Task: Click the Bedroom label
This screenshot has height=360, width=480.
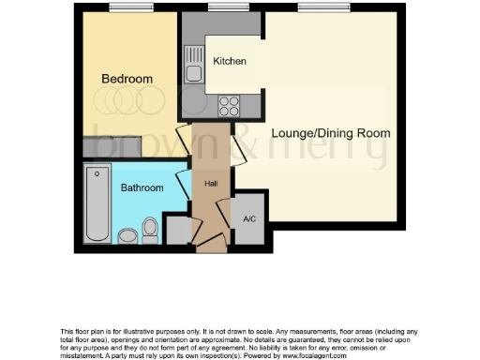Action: click(x=127, y=79)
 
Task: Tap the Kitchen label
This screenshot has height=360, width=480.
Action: click(x=230, y=62)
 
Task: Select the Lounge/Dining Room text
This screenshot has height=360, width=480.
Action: click(x=330, y=133)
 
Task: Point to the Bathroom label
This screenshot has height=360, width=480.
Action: click(x=142, y=188)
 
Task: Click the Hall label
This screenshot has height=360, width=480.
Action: click(x=211, y=184)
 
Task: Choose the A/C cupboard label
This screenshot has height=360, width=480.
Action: click(x=249, y=219)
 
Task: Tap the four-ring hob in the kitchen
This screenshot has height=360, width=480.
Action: click(x=228, y=107)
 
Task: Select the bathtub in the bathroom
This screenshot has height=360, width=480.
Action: click(x=97, y=202)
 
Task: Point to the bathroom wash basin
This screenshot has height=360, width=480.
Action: click(x=127, y=233)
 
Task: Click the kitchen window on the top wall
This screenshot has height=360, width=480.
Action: click(x=222, y=8)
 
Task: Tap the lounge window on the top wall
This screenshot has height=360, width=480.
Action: click(x=314, y=8)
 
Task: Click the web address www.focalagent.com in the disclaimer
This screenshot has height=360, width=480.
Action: click(x=308, y=355)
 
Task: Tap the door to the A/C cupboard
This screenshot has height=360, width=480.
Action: click(x=225, y=210)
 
